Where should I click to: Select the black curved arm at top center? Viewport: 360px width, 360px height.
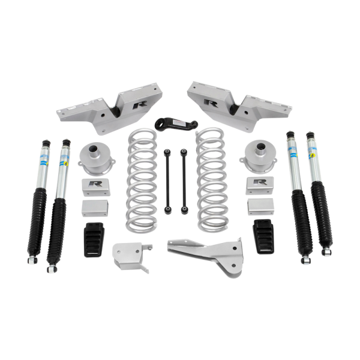pyautogui.click(x=180, y=122)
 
